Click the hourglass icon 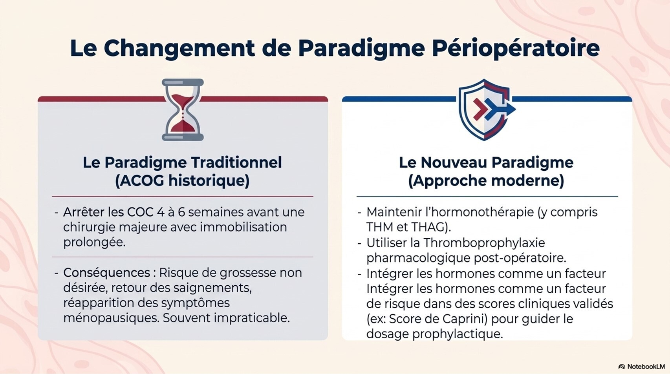tap(183, 110)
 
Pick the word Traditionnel tap(236, 162)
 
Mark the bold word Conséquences tap(106, 273)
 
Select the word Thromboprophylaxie tap(484, 243)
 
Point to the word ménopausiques tap(111, 318)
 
